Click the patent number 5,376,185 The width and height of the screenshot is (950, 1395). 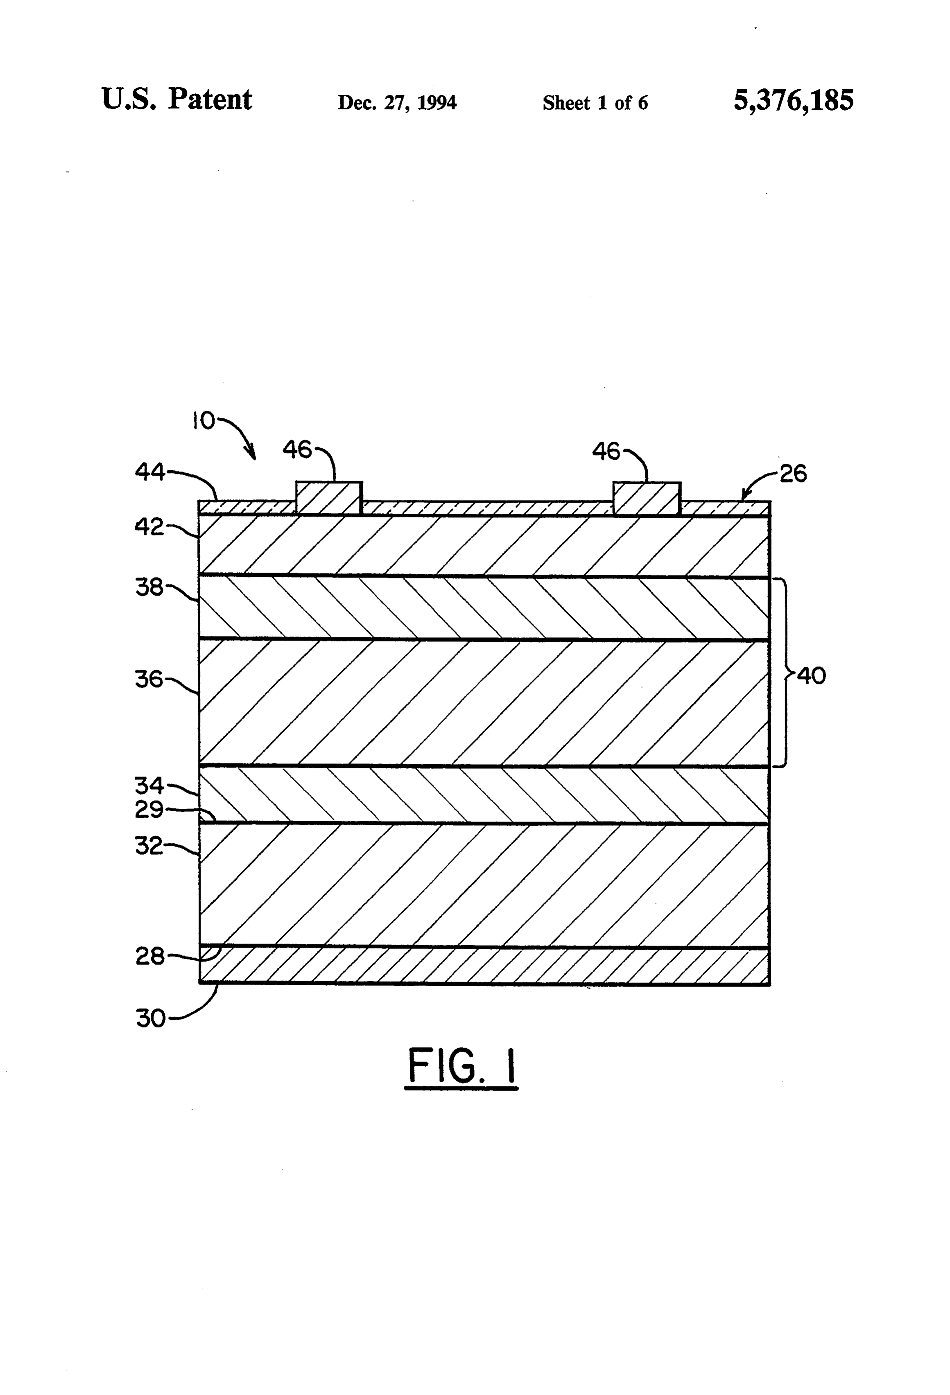[793, 100]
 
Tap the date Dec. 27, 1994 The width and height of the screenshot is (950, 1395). [397, 103]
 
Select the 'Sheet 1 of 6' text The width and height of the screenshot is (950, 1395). [595, 103]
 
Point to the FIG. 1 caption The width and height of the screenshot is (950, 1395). [462, 1067]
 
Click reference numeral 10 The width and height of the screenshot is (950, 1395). [204, 421]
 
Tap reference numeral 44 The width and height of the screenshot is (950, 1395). [149, 472]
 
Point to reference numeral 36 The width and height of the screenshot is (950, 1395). [149, 679]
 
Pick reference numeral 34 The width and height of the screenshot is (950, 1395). [149, 785]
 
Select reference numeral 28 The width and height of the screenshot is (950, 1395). [149, 956]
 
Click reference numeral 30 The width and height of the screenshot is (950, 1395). [151, 1019]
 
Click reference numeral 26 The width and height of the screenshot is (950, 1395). [793, 474]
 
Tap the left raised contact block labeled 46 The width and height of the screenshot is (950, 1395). [329, 498]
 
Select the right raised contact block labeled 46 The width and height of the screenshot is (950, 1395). [647, 498]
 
